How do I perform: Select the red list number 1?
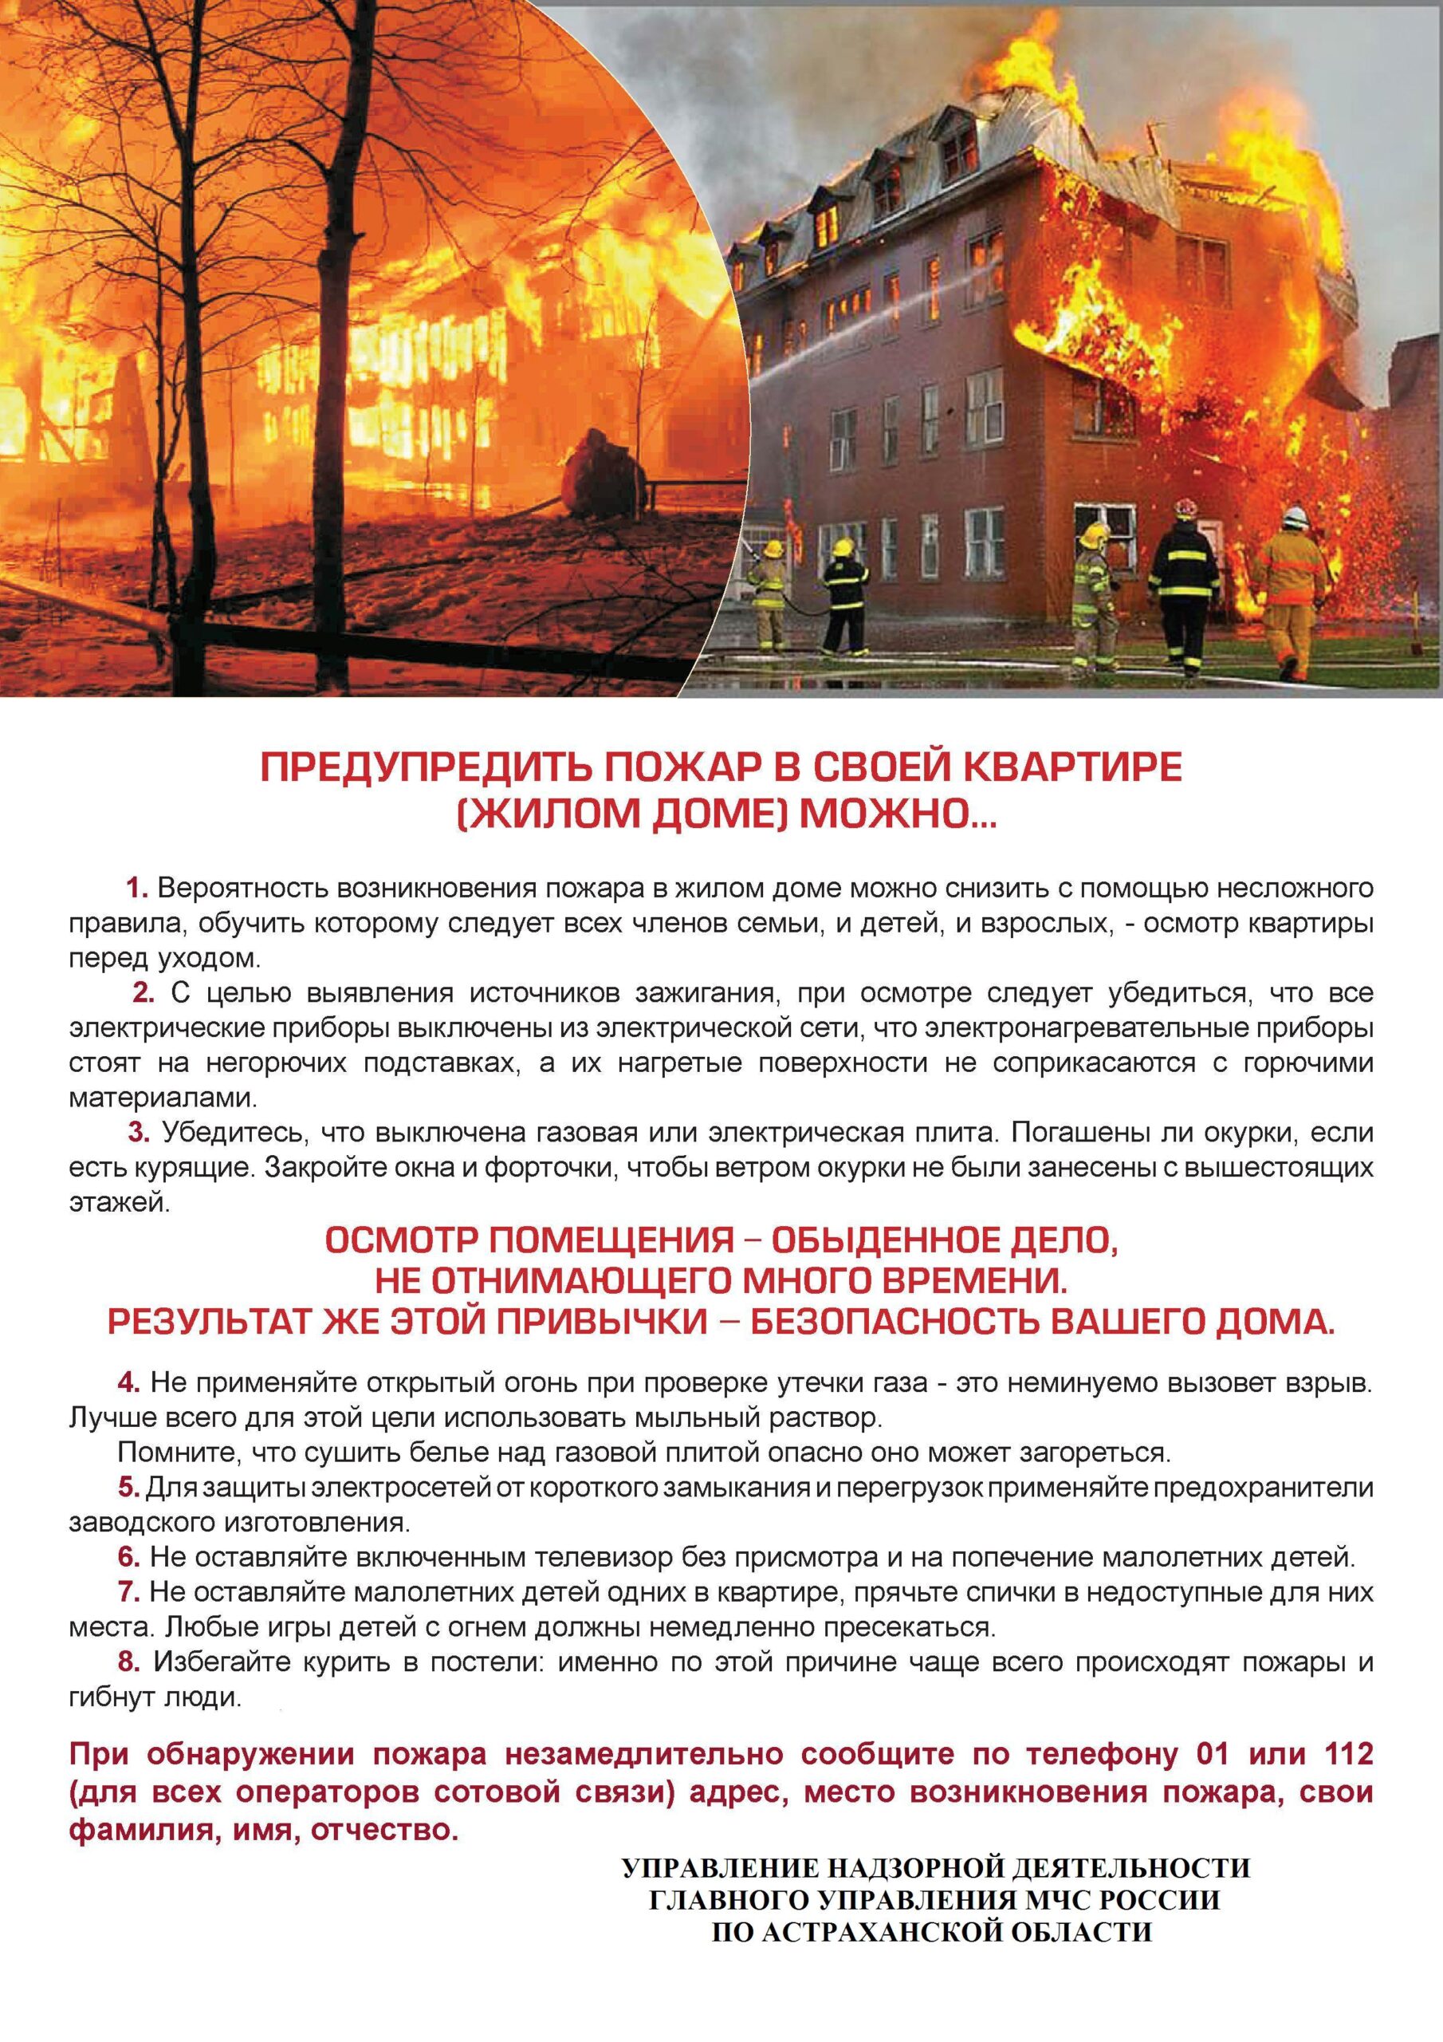tap(136, 889)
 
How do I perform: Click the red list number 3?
tap(138, 1132)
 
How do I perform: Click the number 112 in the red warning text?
tap(1348, 1754)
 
